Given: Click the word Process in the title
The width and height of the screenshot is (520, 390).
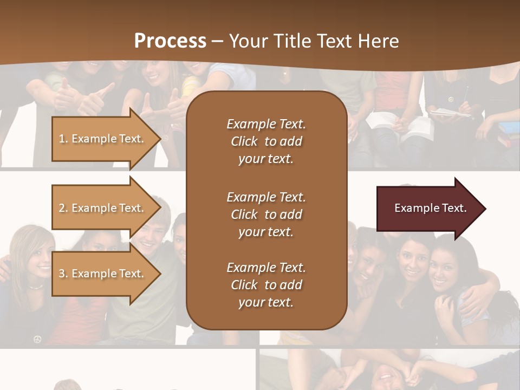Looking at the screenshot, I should click(170, 41).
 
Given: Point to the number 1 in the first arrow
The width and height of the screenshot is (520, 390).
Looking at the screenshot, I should click(62, 139).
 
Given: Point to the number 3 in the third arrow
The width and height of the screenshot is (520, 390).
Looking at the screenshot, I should click(62, 274).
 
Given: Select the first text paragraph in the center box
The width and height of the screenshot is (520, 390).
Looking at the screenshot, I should click(266, 141).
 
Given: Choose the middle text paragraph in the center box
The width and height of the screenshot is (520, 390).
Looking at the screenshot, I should click(266, 214).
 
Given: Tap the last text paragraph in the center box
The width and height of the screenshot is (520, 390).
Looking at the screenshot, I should click(266, 285).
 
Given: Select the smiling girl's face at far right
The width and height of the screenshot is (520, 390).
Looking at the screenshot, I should click(444, 269).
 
